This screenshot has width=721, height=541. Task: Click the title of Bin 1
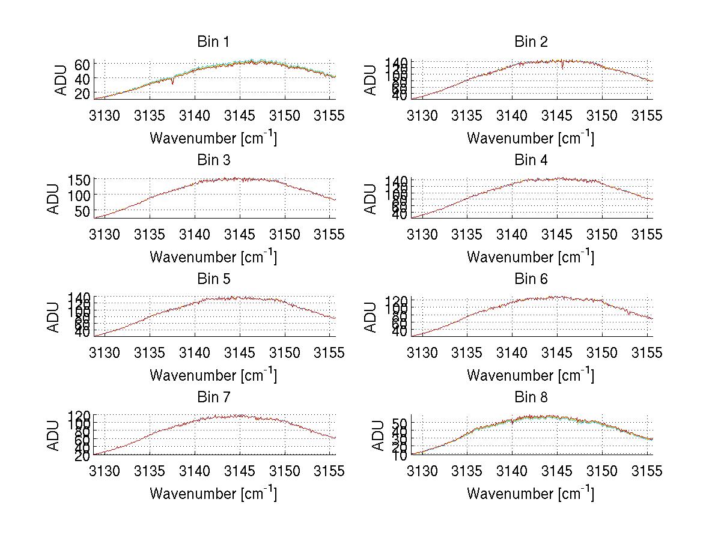[213, 41]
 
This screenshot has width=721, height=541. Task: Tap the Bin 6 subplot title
[531, 279]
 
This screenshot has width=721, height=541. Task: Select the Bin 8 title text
[531, 397]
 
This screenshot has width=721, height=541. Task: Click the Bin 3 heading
[213, 160]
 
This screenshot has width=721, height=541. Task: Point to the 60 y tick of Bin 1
[82, 64]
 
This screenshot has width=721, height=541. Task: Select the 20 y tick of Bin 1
[82, 93]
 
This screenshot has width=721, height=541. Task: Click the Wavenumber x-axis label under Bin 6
[531, 375]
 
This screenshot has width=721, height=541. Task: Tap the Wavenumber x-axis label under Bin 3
[213, 257]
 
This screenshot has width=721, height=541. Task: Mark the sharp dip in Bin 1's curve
[173, 82]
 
